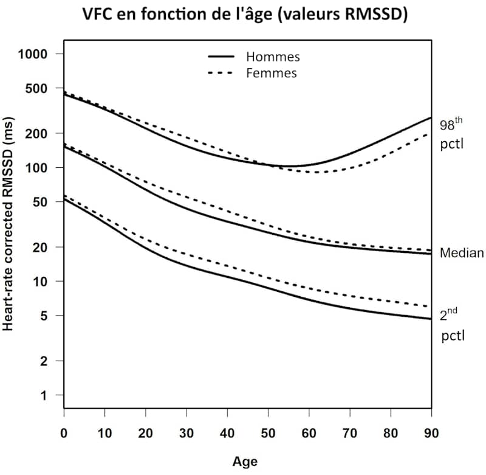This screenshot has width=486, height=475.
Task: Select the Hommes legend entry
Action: pyautogui.click(x=273, y=57)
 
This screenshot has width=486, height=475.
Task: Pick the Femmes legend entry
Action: pyautogui.click(x=272, y=73)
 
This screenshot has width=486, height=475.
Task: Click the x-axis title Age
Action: pyautogui.click(x=245, y=462)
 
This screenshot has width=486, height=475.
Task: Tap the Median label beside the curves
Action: pyautogui.click(x=462, y=253)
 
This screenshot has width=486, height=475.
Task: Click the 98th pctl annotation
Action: pyautogui.click(x=451, y=134)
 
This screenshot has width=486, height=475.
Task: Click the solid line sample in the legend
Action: pyautogui.click(x=222, y=57)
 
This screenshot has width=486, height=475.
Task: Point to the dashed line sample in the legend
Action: pyautogui.click(x=222, y=73)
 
